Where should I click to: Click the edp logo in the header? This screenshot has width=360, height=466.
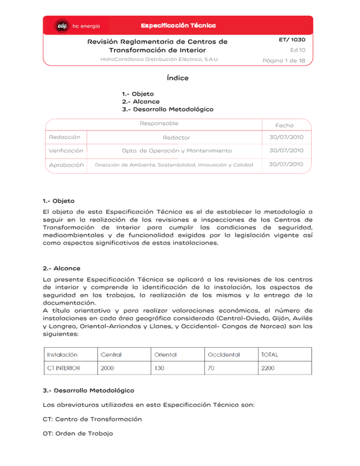62,25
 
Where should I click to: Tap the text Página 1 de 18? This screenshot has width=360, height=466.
284,61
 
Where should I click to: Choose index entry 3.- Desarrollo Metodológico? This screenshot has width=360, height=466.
167,109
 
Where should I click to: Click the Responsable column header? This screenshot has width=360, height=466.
159,123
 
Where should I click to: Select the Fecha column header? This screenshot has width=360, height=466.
285,125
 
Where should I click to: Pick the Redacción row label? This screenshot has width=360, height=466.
65,137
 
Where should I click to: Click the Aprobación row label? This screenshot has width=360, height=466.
67,165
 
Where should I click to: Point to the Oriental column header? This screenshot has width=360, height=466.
165,354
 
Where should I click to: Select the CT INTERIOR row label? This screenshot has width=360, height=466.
64,368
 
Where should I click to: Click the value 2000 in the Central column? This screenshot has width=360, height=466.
107,368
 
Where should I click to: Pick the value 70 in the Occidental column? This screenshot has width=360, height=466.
211,368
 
